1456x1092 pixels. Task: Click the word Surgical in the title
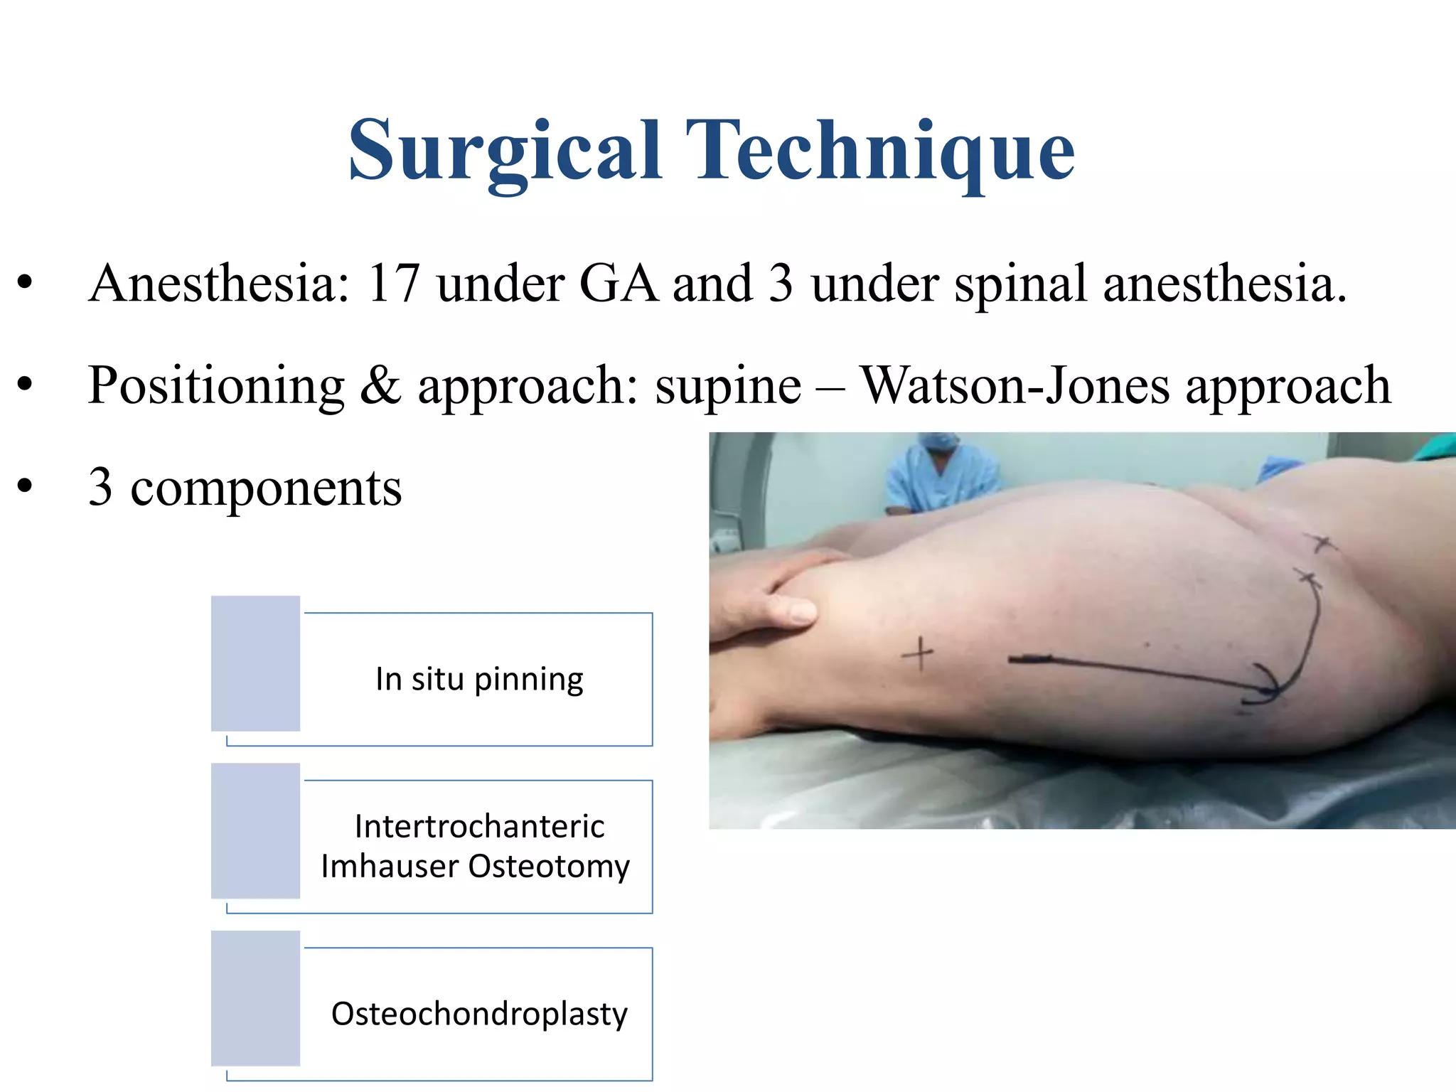(505, 151)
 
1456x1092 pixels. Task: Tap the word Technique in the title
(879, 151)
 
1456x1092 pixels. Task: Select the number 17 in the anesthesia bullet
(393, 284)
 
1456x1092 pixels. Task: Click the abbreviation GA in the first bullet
(618, 284)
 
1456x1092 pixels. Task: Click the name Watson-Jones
(1015, 386)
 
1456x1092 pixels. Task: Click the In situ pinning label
(479, 680)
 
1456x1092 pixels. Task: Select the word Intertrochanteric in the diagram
(479, 826)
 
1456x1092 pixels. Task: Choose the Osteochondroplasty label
(479, 1014)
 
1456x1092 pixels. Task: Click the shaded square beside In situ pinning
(255, 663)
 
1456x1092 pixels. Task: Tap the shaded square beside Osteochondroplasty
(255, 998)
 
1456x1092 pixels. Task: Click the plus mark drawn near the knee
(919, 653)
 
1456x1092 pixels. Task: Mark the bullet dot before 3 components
(26, 487)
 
